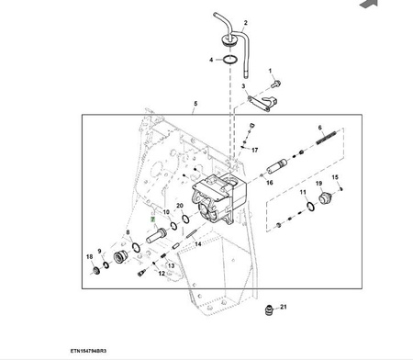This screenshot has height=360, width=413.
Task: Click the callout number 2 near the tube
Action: (x=245, y=23)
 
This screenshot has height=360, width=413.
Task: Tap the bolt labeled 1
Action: (x=276, y=83)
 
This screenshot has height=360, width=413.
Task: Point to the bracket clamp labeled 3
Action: (x=262, y=103)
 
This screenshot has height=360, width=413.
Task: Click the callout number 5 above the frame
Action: (x=195, y=104)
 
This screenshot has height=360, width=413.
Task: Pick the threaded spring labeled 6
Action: (x=326, y=138)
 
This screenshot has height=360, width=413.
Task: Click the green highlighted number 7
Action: (x=152, y=219)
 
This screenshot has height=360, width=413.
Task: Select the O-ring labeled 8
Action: (x=136, y=247)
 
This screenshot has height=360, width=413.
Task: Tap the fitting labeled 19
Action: (x=325, y=198)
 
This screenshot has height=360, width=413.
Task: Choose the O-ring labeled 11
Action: (x=310, y=207)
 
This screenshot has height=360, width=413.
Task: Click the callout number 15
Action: (x=335, y=177)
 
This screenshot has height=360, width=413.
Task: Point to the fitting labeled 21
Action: (x=269, y=309)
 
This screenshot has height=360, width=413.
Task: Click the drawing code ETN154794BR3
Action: (x=88, y=351)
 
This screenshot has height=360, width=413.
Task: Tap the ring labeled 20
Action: (x=185, y=219)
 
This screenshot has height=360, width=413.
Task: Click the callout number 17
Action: (x=254, y=150)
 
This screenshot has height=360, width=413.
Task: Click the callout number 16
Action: (x=270, y=183)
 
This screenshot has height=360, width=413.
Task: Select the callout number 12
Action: (x=162, y=274)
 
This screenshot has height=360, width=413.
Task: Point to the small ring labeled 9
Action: (x=106, y=265)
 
